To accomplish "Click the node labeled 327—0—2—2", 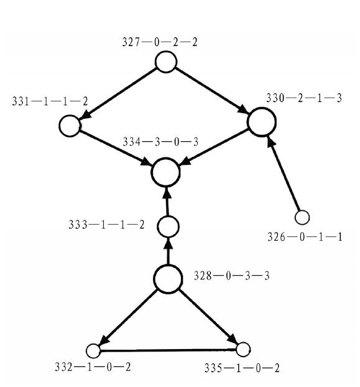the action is (166, 62).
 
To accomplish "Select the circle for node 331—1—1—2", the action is (70, 126).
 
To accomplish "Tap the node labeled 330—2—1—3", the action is (262, 122).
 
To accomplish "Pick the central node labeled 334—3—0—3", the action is (165, 172).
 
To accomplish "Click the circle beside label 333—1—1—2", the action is (168, 226).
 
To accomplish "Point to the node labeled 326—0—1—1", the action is (302, 217).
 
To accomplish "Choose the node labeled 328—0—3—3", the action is (168, 279).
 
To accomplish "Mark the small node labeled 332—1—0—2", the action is (93, 351).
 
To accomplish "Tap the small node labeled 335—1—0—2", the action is (243, 350).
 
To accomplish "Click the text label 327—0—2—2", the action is (160, 42).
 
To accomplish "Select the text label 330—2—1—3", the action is (304, 98).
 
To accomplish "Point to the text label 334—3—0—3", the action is (160, 142).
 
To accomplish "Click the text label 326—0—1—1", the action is (305, 237).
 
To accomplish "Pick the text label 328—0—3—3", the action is (231, 276).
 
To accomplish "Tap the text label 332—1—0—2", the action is (93, 367).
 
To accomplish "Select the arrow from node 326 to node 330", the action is (283, 174).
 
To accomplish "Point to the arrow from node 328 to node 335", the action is (208, 317).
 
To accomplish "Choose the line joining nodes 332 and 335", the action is (168, 350).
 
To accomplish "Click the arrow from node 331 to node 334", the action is (115, 148).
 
